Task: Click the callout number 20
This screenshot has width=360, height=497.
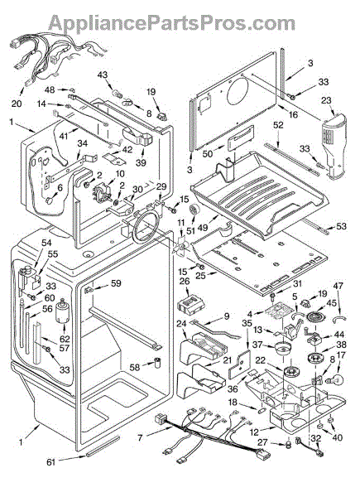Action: pyautogui.click(x=17, y=104)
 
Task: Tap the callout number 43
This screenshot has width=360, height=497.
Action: pyautogui.click(x=103, y=75)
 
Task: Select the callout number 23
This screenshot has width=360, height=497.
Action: pyautogui.click(x=326, y=100)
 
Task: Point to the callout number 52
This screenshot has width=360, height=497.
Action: pyautogui.click(x=278, y=126)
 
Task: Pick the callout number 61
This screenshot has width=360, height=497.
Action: pyautogui.click(x=51, y=462)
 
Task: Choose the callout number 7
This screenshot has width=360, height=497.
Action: pyautogui.click(x=141, y=438)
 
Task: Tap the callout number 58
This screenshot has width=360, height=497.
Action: pyautogui.click(x=135, y=367)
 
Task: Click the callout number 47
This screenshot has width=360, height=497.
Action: pyautogui.click(x=338, y=286)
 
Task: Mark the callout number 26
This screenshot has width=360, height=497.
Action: pyautogui.click(x=185, y=281)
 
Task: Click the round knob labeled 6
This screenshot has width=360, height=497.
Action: pyautogui.click(x=50, y=201)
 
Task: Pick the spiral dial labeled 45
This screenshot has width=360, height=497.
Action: pyautogui.click(x=314, y=317)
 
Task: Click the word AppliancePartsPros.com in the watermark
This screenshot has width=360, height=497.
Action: pyautogui.click(x=172, y=23)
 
